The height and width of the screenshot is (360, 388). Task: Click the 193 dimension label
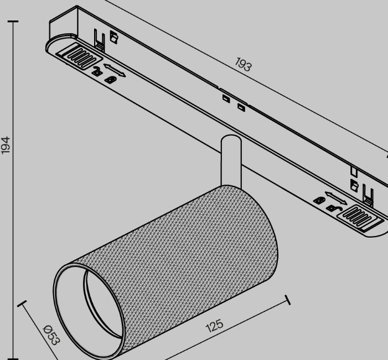click(x=243, y=64)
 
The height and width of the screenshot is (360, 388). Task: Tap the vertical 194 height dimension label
click(x=6, y=145)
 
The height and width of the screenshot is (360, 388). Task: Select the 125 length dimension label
click(x=214, y=326)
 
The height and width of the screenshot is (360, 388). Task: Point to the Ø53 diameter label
click(x=51, y=335)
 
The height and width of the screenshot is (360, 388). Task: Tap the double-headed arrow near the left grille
click(x=115, y=70)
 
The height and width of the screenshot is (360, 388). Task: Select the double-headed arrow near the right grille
click(x=336, y=198)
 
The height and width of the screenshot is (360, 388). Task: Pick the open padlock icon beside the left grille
click(x=97, y=71)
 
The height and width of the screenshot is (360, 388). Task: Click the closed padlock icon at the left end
click(x=111, y=80)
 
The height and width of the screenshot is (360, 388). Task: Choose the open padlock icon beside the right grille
click(x=334, y=208)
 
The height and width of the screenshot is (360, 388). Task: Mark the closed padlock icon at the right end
click(x=319, y=200)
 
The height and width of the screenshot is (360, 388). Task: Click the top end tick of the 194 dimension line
click(x=13, y=22)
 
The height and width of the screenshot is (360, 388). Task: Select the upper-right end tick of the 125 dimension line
click(x=288, y=300)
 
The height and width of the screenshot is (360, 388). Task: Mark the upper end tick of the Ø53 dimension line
click(x=22, y=304)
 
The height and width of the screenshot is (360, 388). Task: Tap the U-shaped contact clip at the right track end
click(x=368, y=195)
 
